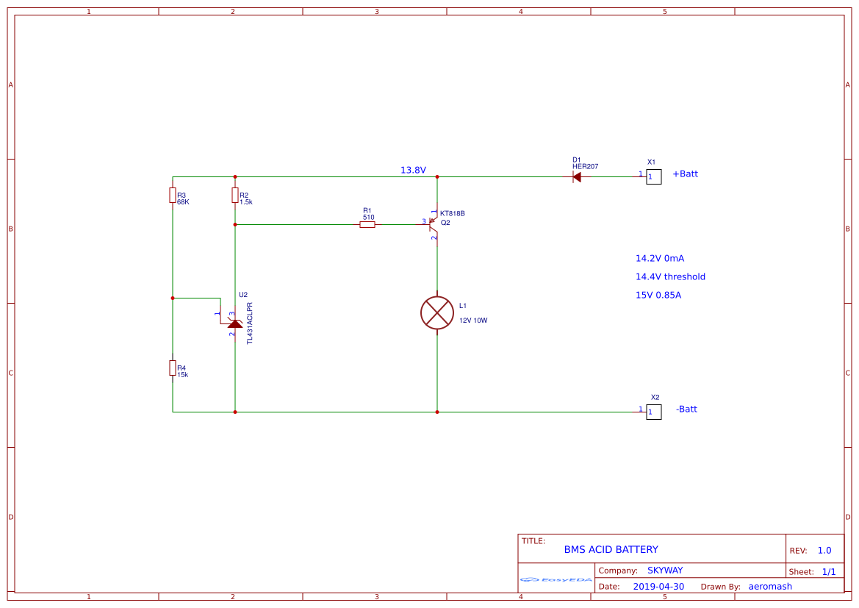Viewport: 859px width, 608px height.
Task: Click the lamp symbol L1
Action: click(x=437, y=312)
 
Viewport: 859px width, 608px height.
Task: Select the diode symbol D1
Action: click(x=576, y=176)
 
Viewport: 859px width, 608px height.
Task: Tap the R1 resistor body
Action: click(x=367, y=224)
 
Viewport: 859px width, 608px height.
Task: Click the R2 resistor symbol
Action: click(x=235, y=195)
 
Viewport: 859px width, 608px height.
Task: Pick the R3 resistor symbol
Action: click(x=173, y=195)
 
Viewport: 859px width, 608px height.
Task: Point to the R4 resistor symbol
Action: click(x=173, y=368)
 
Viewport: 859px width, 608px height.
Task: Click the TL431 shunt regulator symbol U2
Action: click(x=234, y=323)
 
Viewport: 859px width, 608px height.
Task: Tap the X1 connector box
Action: click(x=653, y=176)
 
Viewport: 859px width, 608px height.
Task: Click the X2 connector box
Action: click(x=653, y=412)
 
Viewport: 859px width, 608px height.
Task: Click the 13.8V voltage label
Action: click(x=413, y=170)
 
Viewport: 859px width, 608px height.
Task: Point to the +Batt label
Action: click(x=685, y=174)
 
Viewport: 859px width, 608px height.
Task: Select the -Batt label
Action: click(x=686, y=409)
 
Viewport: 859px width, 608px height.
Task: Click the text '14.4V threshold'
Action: click(x=670, y=276)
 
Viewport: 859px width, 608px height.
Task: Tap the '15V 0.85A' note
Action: click(x=658, y=295)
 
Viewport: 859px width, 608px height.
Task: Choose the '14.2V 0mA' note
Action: click(x=660, y=258)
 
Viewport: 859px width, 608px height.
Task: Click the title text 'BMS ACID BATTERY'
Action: click(x=611, y=549)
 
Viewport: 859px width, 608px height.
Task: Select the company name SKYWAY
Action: click(x=665, y=571)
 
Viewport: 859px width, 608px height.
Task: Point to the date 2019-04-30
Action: click(x=658, y=587)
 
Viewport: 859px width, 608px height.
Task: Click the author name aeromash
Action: click(x=770, y=587)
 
